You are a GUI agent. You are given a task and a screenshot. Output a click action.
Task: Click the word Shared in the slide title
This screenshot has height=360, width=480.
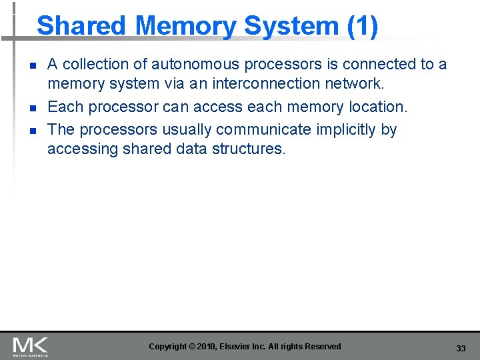coord(81,26)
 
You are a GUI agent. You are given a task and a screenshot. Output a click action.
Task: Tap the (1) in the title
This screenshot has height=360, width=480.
coord(362,26)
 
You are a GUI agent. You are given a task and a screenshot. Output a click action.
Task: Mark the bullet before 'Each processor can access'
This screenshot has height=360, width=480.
coord(32,107)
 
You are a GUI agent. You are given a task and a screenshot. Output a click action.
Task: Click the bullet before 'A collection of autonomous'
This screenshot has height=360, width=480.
coord(32,65)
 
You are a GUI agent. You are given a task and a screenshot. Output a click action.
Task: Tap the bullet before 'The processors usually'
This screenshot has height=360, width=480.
coord(32,130)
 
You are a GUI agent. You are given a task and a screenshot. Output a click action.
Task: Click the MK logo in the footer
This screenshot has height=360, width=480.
coord(30,346)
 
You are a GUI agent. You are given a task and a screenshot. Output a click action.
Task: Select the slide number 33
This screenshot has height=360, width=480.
coord(461,349)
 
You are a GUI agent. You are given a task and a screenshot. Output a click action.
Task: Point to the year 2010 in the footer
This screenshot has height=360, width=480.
coord(209,347)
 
